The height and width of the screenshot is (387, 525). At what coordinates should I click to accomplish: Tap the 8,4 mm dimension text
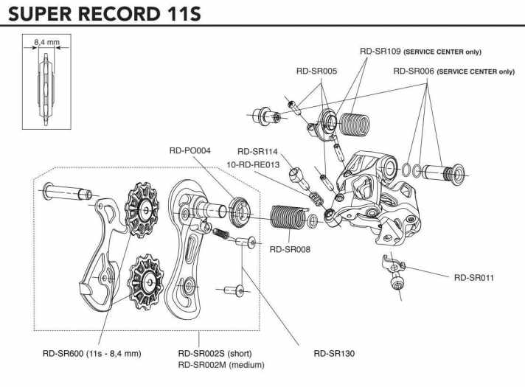46,43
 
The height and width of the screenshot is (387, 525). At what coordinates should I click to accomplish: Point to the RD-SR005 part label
316,72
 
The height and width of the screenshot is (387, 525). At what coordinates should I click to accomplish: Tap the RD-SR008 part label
290,249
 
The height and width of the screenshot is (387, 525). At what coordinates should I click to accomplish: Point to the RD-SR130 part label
334,353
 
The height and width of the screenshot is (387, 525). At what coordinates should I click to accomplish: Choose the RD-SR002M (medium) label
221,364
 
